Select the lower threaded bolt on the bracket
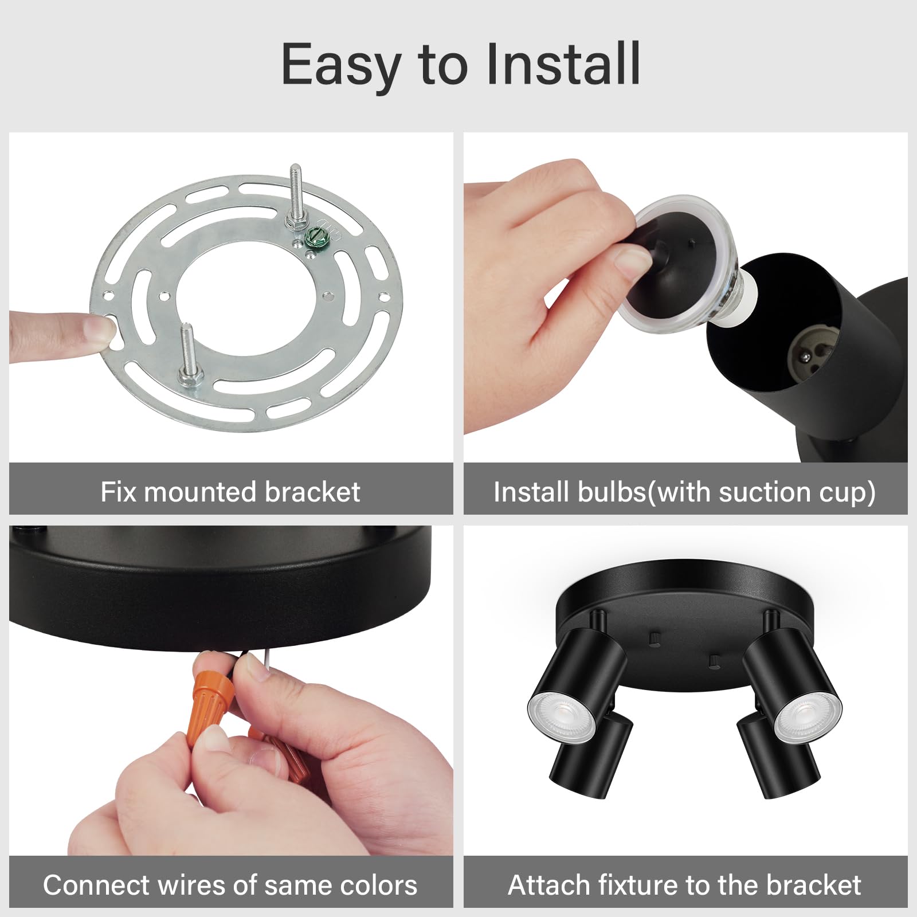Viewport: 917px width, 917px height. click(x=189, y=355)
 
